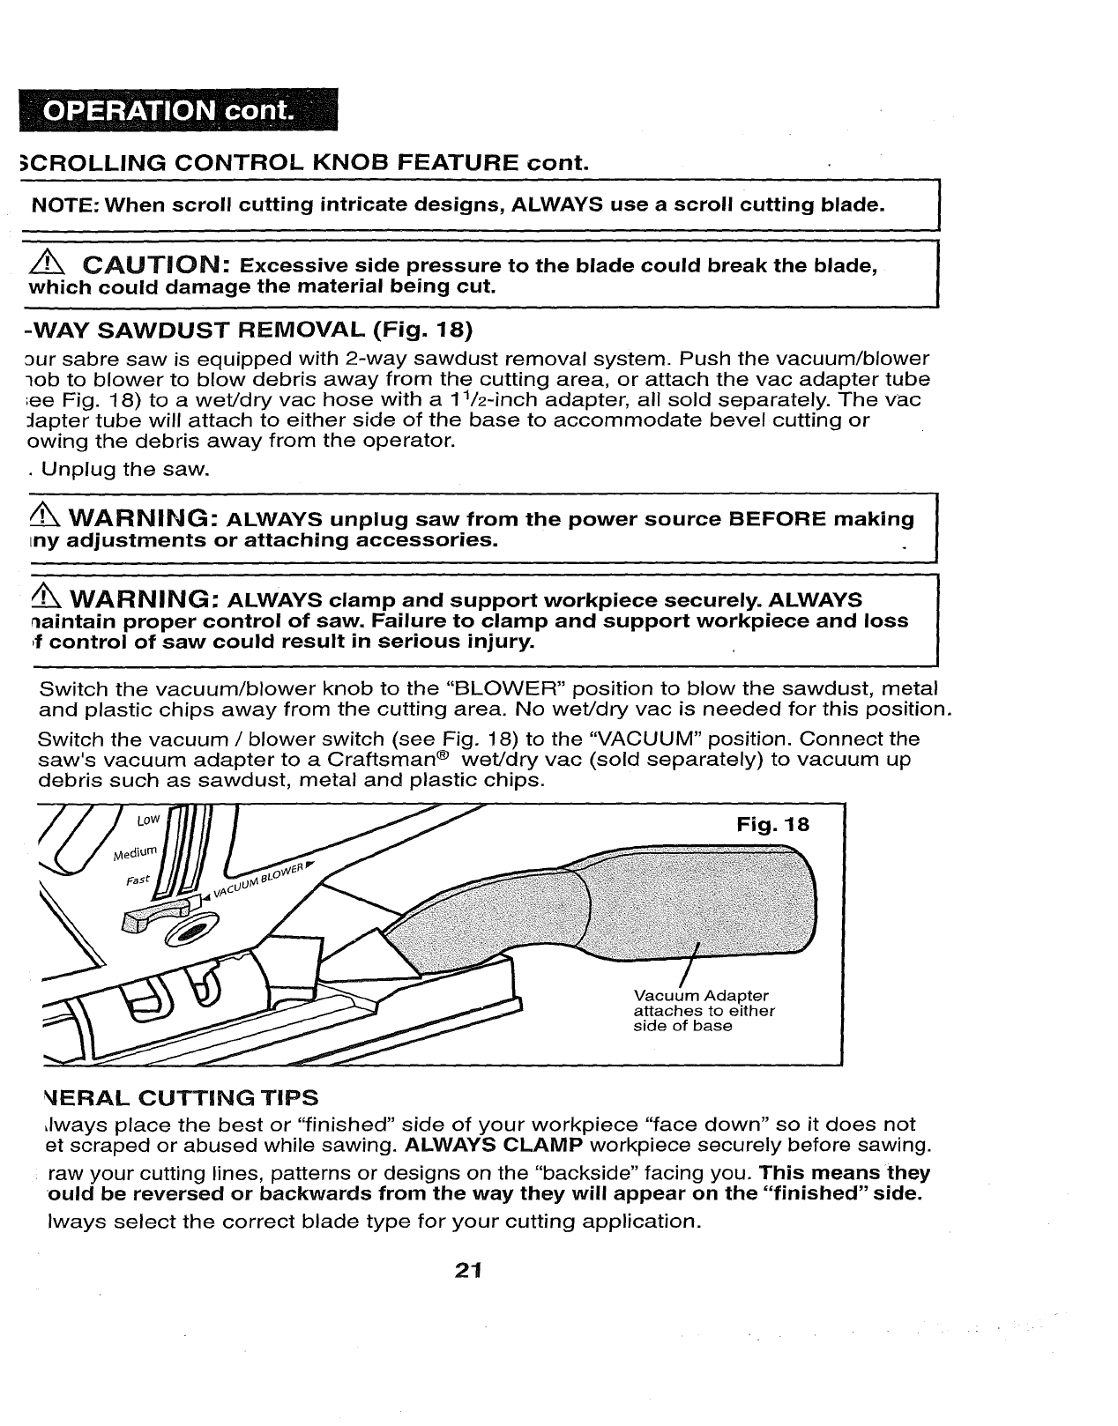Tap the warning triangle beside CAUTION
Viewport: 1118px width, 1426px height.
point(44,264)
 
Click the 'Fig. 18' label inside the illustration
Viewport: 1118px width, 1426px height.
point(772,826)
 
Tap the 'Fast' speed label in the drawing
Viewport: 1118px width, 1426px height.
point(138,880)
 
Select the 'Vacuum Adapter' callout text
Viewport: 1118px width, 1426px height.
point(701,996)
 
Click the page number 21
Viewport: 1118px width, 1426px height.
point(467,1270)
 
